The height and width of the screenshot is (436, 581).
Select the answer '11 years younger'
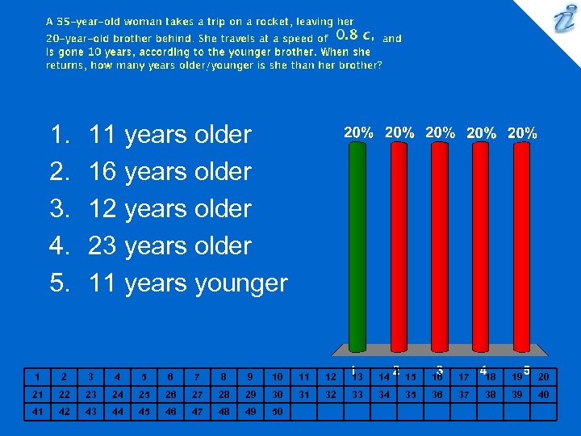187,283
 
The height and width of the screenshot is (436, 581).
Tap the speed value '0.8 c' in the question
355,36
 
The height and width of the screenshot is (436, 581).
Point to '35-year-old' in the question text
83,22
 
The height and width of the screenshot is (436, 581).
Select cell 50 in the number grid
277,412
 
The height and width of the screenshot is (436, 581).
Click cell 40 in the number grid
543,394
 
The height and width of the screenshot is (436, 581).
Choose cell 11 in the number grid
303,376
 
